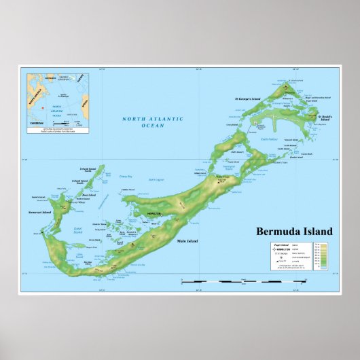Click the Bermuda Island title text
pyautogui.click(x=290, y=231)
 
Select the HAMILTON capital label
pyautogui.click(x=153, y=213)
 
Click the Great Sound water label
pyautogui.click(x=78, y=228)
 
